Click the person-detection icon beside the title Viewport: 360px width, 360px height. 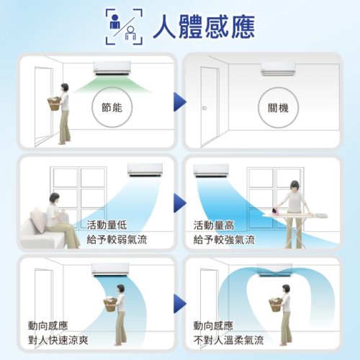124,27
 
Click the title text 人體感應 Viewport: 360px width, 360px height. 204,27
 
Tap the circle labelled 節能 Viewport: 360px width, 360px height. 112,107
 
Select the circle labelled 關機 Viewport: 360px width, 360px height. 278,107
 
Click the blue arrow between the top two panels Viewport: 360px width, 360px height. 180,102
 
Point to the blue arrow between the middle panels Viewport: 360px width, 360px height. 180,203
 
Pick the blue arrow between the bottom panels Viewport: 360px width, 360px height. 180,304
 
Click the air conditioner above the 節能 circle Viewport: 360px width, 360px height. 112,68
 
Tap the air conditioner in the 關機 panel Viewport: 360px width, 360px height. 278,69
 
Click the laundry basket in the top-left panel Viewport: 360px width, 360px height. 54,104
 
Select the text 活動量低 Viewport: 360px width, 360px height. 107,225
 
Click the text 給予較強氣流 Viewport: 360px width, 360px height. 224,240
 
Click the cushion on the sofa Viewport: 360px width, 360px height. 38,220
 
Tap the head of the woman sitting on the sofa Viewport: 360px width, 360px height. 54,198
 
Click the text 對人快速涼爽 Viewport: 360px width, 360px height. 58,341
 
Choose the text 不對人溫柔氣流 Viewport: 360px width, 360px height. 228,341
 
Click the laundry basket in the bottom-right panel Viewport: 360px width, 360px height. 276,305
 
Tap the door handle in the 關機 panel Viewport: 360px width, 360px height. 204,108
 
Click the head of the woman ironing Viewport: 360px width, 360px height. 295,186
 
